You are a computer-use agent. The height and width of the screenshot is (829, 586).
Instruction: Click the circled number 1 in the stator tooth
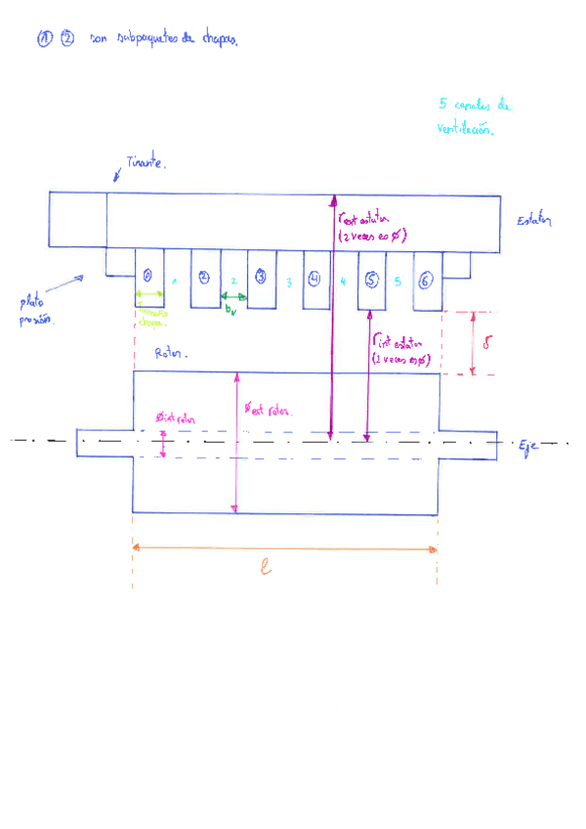[x=146, y=277]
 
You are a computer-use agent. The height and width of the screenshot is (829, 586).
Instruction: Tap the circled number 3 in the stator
[x=261, y=277]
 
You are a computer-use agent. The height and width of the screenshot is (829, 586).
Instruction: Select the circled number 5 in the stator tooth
[x=371, y=279]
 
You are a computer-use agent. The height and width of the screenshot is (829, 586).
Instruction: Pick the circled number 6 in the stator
[x=426, y=280]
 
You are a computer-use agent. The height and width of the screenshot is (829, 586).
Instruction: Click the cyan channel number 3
[x=288, y=283]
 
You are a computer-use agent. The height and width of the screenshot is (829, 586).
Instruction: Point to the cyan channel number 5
[x=398, y=282]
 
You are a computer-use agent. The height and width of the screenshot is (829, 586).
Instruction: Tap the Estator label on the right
[x=534, y=221]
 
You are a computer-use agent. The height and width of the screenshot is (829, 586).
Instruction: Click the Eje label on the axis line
[x=528, y=447]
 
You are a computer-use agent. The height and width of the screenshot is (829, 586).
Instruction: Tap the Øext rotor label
[x=267, y=410]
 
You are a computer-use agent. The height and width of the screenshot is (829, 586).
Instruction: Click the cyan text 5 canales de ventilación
[x=475, y=116]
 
